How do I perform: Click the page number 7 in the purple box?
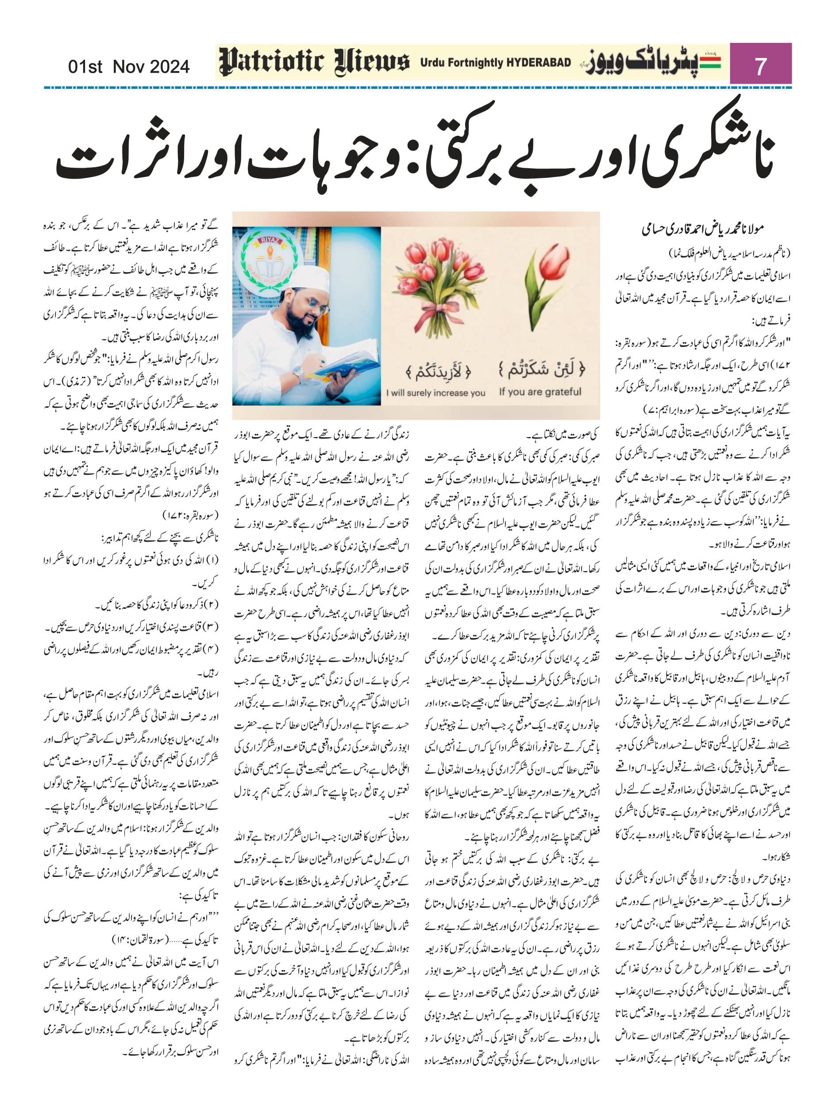(760, 66)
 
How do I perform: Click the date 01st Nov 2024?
(129, 66)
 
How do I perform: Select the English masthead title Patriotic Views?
(314, 62)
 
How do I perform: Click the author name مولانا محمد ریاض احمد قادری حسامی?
(702, 229)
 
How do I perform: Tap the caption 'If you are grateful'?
(539, 392)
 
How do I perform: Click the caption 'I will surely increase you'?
(435, 392)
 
